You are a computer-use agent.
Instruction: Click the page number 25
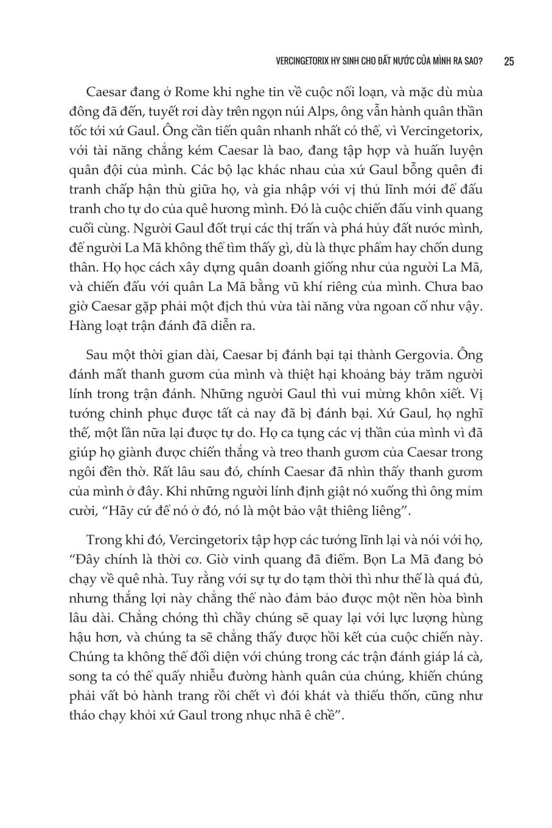[x=509, y=61]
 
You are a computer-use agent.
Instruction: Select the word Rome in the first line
[x=193, y=93]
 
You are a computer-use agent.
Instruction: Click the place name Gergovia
[x=433, y=355]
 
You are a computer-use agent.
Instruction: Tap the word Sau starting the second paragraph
[x=99, y=355]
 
